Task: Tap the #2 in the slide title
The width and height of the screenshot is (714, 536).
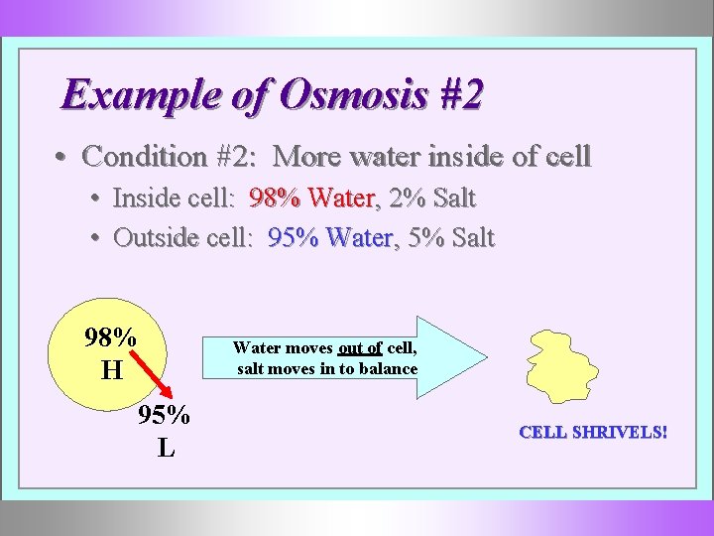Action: [459, 95]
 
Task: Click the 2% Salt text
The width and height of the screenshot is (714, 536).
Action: [432, 199]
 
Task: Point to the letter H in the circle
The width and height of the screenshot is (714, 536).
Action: [111, 371]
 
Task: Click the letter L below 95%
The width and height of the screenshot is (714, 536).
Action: [166, 448]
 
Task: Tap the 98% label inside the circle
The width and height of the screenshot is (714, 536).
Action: [110, 338]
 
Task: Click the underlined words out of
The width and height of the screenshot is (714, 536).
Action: [360, 348]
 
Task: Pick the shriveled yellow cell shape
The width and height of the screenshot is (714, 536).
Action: [563, 363]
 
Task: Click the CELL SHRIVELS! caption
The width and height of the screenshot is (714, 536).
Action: [593, 433]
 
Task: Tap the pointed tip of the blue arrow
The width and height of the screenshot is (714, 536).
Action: [487, 357]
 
